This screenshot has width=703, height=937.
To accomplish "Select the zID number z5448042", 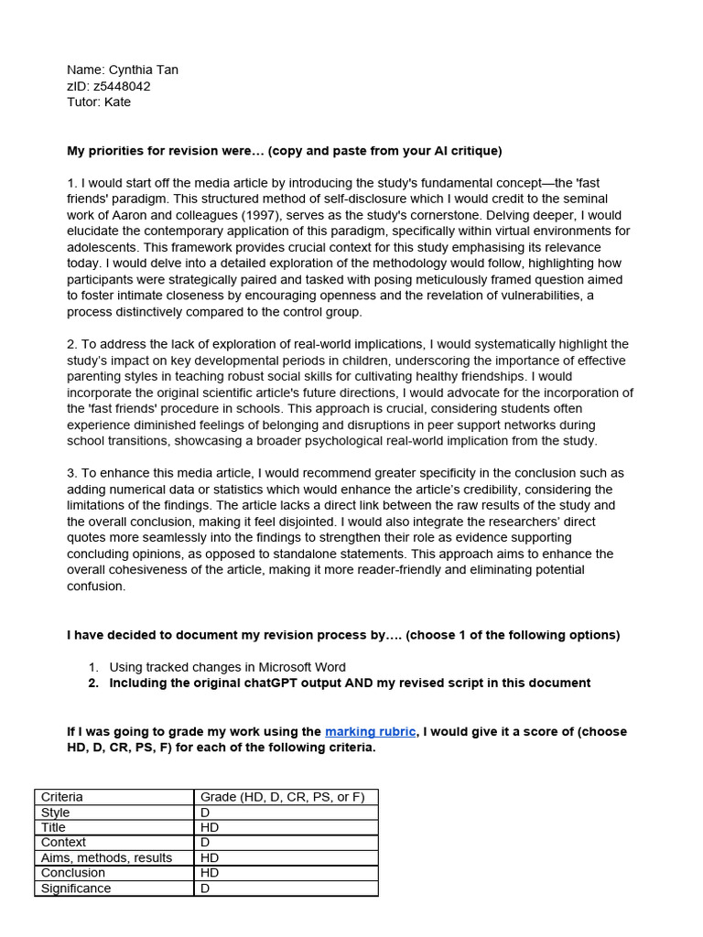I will tap(122, 86).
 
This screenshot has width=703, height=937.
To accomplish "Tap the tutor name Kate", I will tap(117, 102).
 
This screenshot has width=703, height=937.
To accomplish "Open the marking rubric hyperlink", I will tap(369, 732).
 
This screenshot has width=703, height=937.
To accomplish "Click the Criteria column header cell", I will tap(114, 797).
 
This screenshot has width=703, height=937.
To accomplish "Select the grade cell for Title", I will tap(286, 827).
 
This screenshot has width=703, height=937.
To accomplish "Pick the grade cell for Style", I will tap(286, 813).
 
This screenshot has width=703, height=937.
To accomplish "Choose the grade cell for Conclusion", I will tap(286, 873).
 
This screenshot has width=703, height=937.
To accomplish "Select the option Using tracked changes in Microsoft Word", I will tap(227, 667).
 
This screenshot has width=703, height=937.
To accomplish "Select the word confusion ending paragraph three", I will tap(97, 586).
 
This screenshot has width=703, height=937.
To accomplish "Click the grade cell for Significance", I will tap(286, 889).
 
